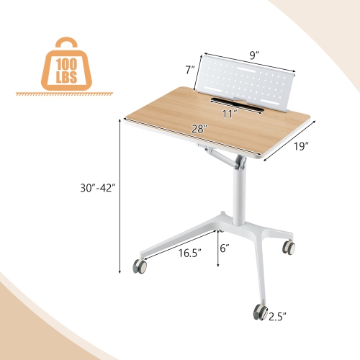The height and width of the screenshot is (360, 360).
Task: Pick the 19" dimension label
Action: coord(300,146)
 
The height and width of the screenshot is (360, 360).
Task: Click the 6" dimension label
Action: coord(225,248)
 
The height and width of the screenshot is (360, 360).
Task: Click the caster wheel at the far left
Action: coord(140,267)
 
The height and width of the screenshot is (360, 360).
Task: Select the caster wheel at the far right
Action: coord(289,248)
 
